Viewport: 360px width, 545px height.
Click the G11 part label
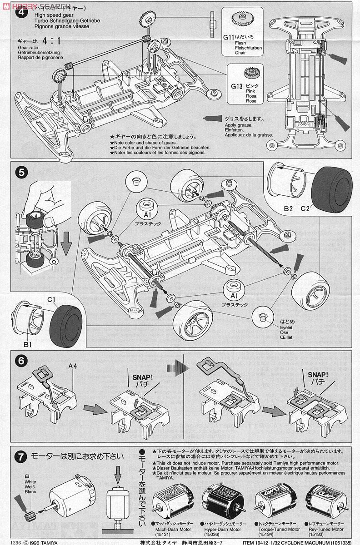pos(229,38)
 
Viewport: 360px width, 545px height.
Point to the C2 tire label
pos(305,208)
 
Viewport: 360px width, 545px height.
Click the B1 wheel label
pos(27,345)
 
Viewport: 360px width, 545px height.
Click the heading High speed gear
pos(49,15)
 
